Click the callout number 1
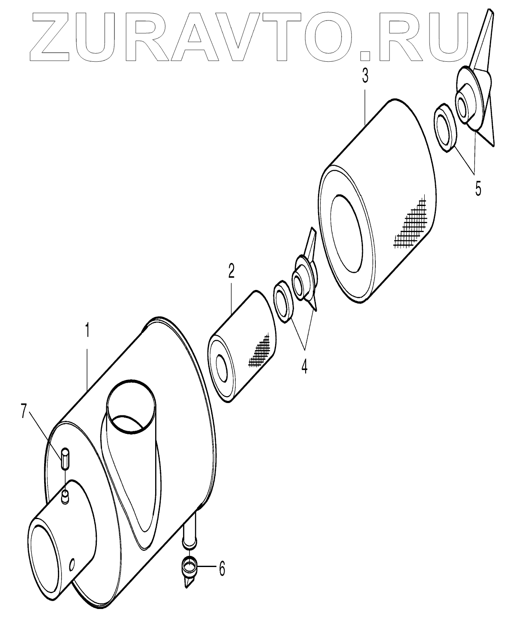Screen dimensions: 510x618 [x=87, y=331]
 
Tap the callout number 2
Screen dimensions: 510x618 [x=231, y=271]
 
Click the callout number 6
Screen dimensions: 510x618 [x=222, y=569]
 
